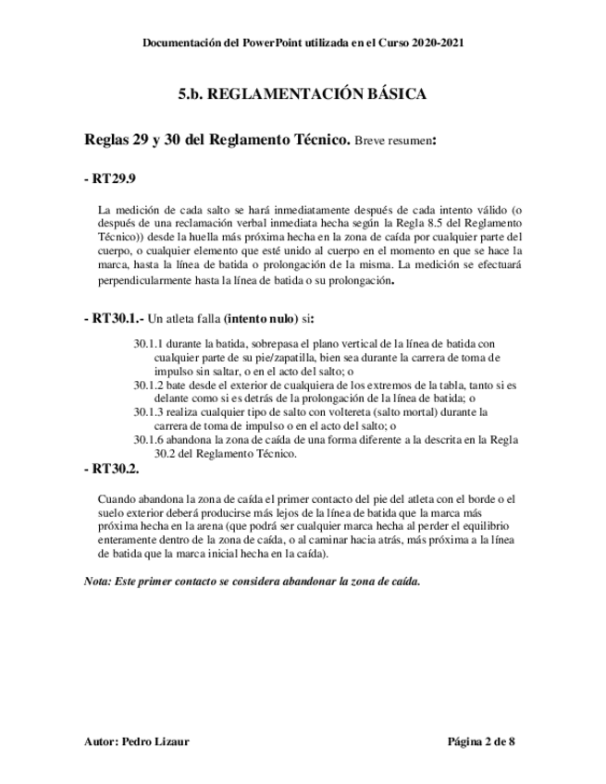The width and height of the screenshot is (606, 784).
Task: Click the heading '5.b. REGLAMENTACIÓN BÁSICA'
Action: point(302,94)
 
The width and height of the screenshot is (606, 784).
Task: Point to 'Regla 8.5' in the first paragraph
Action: point(422,224)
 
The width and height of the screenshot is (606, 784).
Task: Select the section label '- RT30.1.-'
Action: point(115,318)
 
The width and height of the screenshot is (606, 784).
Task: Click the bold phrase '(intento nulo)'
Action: point(265,318)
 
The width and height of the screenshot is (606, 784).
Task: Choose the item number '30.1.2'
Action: point(148,384)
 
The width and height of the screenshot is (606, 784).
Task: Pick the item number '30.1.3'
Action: point(148,410)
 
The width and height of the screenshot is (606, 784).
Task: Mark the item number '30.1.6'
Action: point(148,439)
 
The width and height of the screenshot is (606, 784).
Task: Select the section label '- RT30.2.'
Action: point(112,469)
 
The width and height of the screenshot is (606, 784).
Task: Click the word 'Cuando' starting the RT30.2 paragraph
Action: point(117,499)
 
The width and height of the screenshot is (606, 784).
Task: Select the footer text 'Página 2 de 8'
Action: point(480,741)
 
